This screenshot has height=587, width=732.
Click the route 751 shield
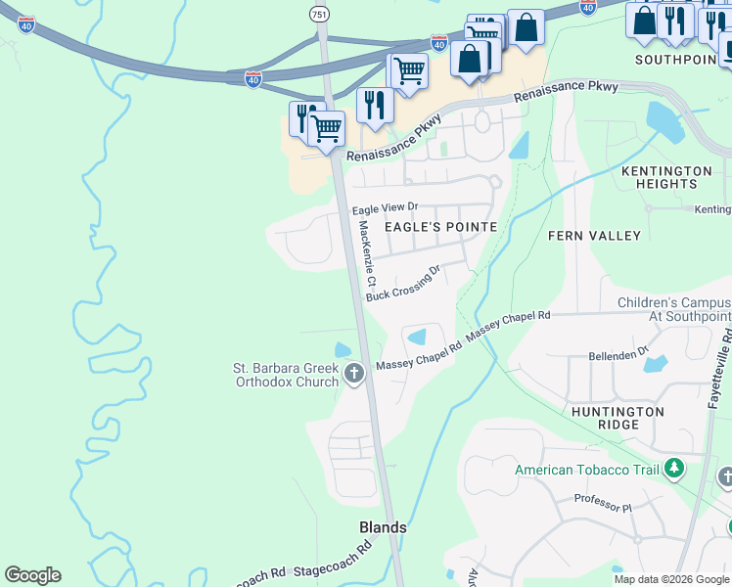tap(318, 14)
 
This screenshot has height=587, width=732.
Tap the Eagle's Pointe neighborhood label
tap(440, 226)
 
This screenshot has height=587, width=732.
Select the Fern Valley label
tap(594, 236)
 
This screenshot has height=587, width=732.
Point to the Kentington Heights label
tap(666, 177)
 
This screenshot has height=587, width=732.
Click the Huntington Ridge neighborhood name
tap(618, 418)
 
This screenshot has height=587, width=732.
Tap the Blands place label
tap(383, 527)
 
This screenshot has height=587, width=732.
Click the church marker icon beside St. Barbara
tap(354, 373)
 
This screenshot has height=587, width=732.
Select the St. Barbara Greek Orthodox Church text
tap(285, 375)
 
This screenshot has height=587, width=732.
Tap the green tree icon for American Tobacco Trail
tap(673, 469)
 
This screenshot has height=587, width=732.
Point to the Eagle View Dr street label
tap(385, 207)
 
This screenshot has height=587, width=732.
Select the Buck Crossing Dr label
tap(403, 282)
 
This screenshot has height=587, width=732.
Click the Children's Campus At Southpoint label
tap(673, 309)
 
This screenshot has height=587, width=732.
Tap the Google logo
tap(32, 575)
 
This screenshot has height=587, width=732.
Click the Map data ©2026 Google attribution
tap(672, 579)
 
